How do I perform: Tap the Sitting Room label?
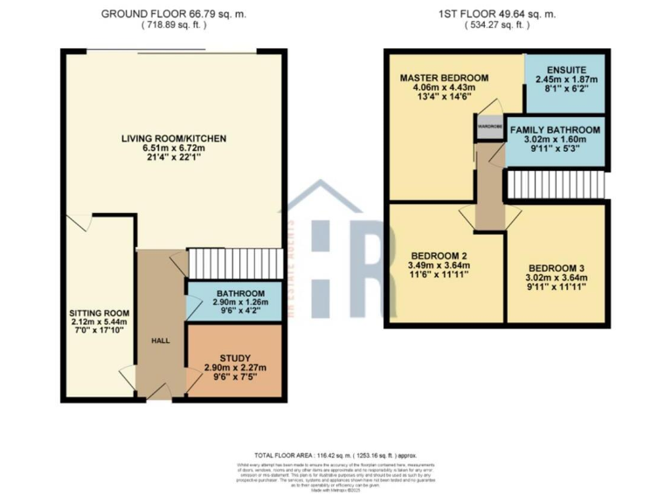click(x=100, y=312)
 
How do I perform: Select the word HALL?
click(x=160, y=341)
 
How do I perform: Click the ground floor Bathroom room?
click(x=232, y=300)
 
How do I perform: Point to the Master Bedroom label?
click(x=443, y=79)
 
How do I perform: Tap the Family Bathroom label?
click(x=555, y=130)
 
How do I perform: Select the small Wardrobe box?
click(x=488, y=127)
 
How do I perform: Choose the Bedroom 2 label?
click(x=439, y=255)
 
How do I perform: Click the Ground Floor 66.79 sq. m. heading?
click(x=175, y=14)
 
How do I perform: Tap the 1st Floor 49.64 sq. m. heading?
click(x=497, y=14)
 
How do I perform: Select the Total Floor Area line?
click(x=335, y=456)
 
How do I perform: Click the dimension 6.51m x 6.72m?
click(x=174, y=149)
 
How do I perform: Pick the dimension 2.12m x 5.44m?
click(x=100, y=322)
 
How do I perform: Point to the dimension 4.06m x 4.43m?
click(x=443, y=89)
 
